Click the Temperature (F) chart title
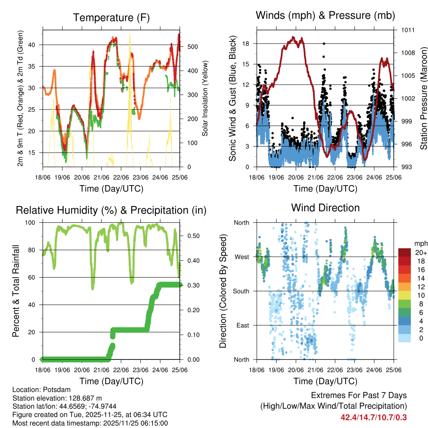111,18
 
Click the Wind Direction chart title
325,207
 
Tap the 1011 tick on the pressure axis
408,30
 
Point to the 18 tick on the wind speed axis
246,43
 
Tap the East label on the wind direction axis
242,325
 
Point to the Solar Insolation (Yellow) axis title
205,99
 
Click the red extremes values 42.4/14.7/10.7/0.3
373,418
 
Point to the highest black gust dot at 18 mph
324,43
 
